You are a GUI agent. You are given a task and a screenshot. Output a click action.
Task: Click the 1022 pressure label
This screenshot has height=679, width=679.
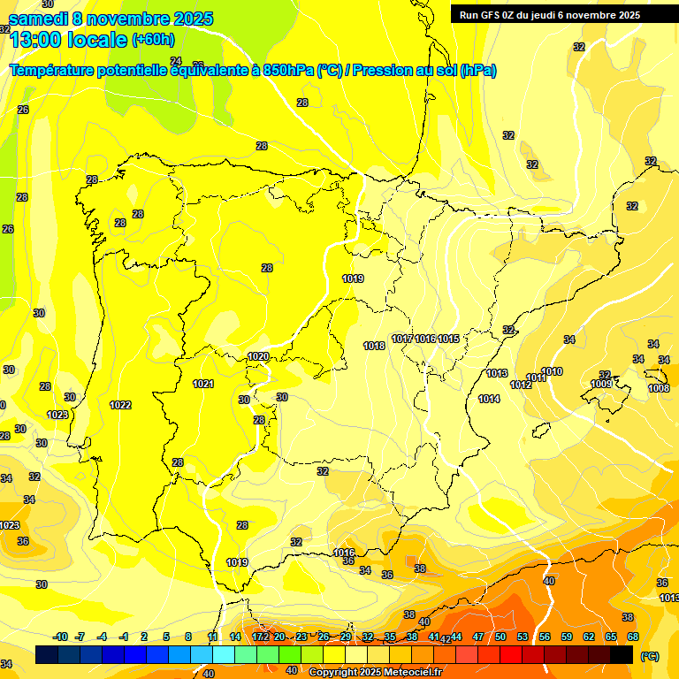point(120,405)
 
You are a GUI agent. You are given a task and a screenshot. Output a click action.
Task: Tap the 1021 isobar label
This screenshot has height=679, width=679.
point(203,384)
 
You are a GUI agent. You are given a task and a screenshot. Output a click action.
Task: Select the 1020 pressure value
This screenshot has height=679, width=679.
point(258,356)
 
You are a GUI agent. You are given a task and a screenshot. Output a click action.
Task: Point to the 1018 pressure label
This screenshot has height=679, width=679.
point(374,346)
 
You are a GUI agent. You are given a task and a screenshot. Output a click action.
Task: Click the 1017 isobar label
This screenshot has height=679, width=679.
point(402,339)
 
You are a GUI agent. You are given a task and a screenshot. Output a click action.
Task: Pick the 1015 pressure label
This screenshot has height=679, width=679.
point(448,339)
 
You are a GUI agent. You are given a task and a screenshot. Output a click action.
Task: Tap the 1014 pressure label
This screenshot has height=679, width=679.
point(489,399)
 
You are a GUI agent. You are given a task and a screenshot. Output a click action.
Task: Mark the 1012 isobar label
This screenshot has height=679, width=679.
point(521,385)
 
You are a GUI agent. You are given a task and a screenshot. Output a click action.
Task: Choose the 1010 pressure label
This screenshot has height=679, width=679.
point(553,371)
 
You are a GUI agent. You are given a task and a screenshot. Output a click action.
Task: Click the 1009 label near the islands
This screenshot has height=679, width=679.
point(601,384)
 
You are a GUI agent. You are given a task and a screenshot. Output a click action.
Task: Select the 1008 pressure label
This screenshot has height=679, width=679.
point(658,388)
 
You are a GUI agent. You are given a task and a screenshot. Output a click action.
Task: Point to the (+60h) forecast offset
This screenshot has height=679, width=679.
point(153,40)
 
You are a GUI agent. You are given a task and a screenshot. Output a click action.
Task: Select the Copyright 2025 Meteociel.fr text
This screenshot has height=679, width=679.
point(376,672)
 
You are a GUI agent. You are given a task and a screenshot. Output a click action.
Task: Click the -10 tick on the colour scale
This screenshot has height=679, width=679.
point(61,637)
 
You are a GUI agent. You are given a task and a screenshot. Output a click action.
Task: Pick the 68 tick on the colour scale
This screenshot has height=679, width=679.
point(633,637)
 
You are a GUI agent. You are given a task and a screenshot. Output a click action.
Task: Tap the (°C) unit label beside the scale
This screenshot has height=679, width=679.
point(650,655)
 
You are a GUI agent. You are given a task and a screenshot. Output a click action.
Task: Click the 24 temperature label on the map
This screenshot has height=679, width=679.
point(175,86)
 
